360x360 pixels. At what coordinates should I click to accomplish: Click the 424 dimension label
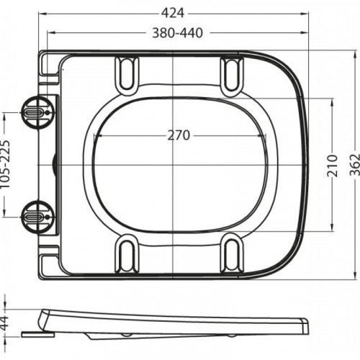click(x=173, y=13)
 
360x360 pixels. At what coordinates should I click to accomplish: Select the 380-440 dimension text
click(x=178, y=33)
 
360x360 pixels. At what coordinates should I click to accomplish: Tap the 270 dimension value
click(x=179, y=135)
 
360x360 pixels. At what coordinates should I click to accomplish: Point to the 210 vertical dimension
click(x=333, y=166)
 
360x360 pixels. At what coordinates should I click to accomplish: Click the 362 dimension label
click(x=355, y=165)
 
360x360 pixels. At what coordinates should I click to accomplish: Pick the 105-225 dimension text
click(x=5, y=164)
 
